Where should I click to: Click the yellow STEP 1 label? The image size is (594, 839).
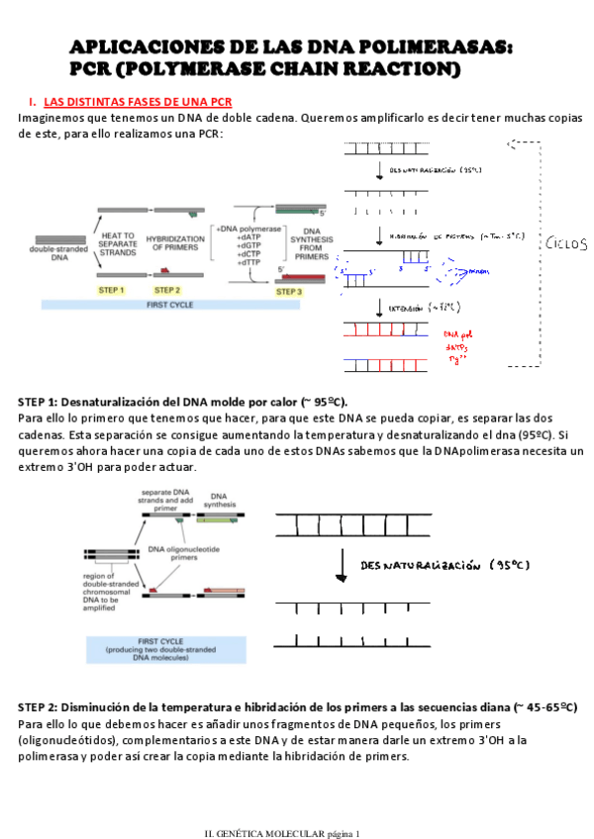click(111, 290)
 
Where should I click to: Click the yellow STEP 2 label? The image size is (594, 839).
click(168, 290)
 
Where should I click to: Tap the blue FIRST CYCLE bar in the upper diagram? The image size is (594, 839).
click(170, 305)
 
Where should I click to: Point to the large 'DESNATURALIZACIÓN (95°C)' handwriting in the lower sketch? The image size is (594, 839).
click(445, 565)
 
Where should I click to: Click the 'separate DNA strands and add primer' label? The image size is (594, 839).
click(165, 497)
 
